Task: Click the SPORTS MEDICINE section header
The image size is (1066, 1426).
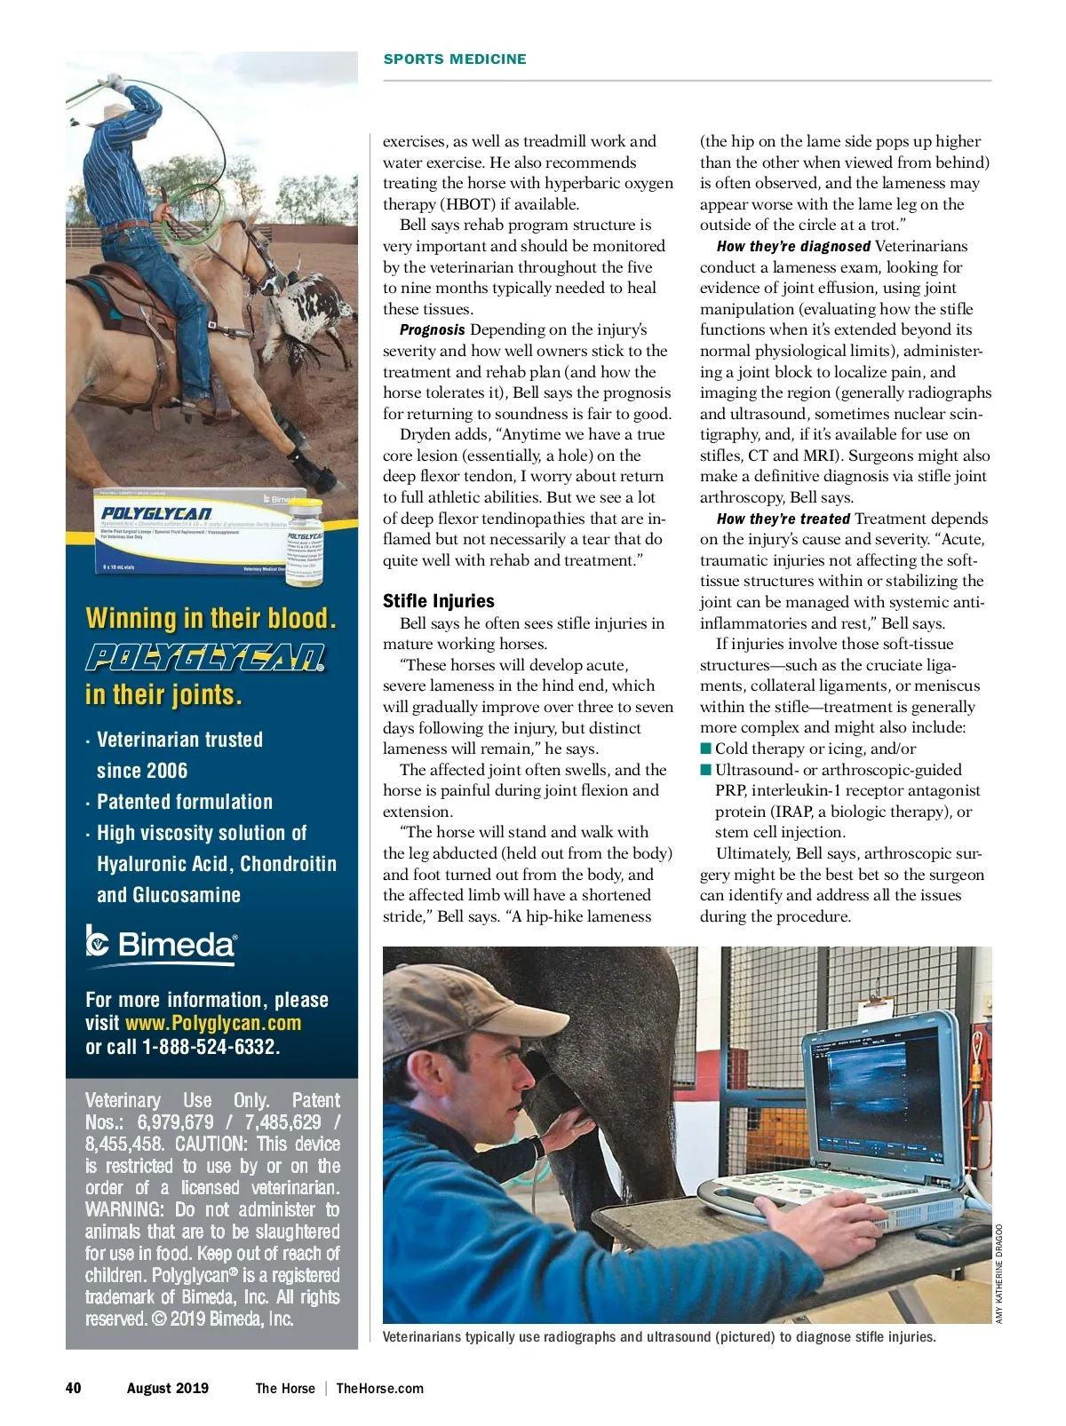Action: pos(455,59)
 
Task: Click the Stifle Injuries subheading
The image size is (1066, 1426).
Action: pos(438,601)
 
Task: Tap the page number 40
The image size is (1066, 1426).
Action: pos(74,1388)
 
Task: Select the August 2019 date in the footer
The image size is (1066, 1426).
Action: pos(168,1388)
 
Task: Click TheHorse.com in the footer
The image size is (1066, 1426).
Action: pos(379,1388)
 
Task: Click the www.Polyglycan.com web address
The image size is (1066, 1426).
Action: pos(213,1023)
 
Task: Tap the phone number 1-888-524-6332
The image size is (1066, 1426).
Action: pos(211,1047)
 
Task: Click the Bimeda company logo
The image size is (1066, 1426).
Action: pos(162,945)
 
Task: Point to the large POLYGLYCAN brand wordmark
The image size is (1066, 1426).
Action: pos(205,657)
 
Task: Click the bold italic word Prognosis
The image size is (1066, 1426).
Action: pos(432,330)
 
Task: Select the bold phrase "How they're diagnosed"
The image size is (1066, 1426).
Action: pos(793,247)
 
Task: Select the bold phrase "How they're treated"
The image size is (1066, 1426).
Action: pos(783,519)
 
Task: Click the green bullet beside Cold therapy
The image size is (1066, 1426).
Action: pos(706,749)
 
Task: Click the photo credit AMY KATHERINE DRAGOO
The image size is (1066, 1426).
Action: pos(998,1273)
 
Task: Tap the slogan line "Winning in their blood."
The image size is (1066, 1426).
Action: pos(211,618)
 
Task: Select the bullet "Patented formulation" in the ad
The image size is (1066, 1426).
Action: pos(184,802)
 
